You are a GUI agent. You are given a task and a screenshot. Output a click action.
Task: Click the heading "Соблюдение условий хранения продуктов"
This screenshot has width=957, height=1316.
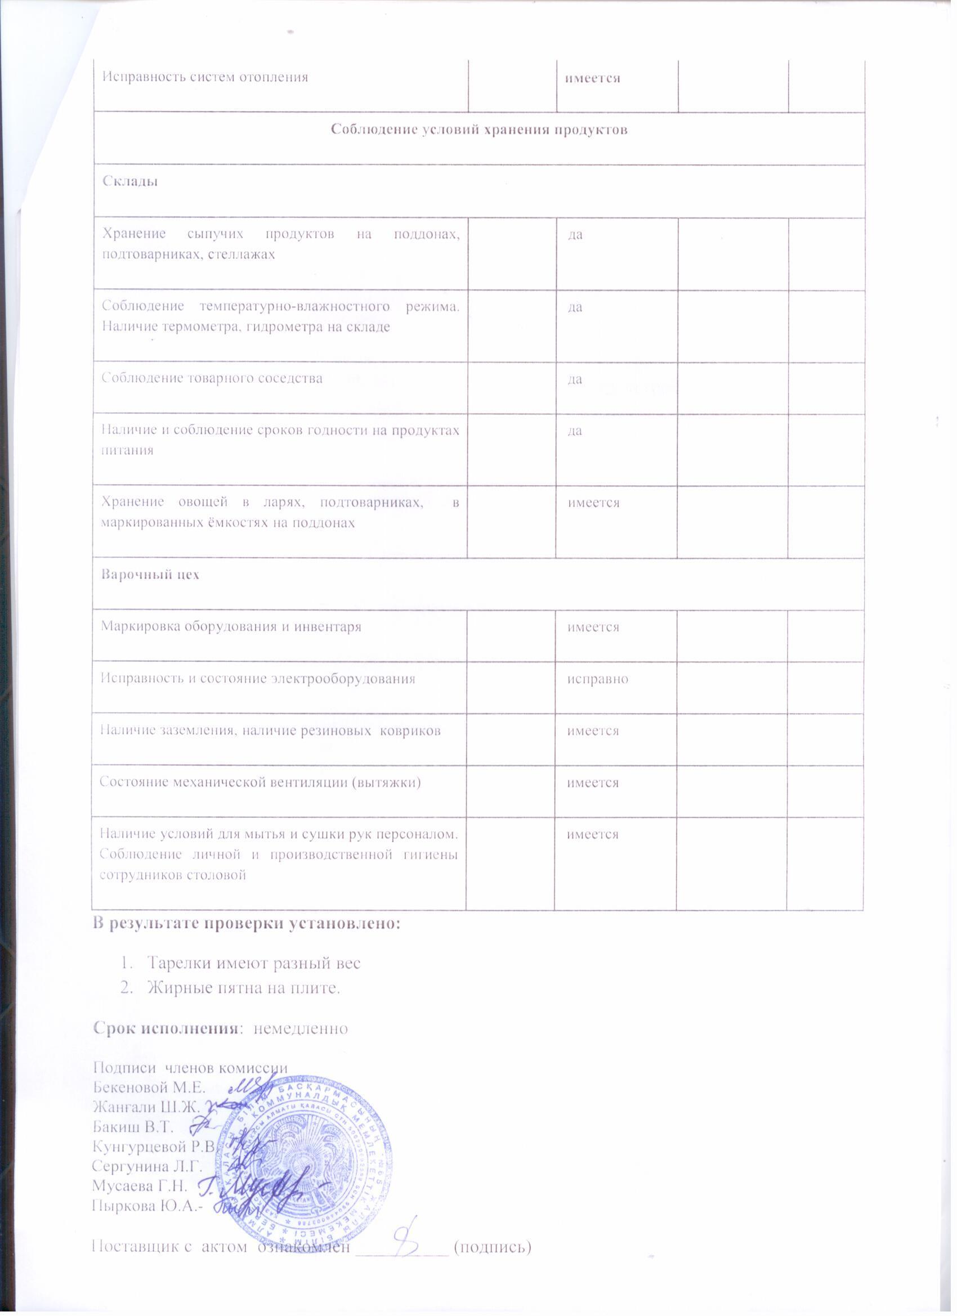click(x=479, y=130)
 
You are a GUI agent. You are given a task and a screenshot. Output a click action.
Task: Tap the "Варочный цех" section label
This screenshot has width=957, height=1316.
click(x=150, y=575)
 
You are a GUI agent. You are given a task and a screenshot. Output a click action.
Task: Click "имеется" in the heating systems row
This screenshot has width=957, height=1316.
click(x=588, y=78)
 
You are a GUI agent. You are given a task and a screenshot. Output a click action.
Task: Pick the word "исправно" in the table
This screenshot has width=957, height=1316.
click(x=598, y=678)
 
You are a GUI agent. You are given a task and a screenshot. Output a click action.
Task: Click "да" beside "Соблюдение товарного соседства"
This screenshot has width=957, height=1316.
click(x=575, y=379)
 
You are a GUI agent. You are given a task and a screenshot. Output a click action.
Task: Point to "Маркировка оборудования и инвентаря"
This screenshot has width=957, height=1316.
click(x=231, y=626)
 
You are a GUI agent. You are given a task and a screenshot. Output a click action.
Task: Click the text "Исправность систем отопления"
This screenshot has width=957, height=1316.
click(x=205, y=77)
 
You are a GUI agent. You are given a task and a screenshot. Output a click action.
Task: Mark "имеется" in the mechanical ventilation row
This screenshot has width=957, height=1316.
click(x=593, y=782)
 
